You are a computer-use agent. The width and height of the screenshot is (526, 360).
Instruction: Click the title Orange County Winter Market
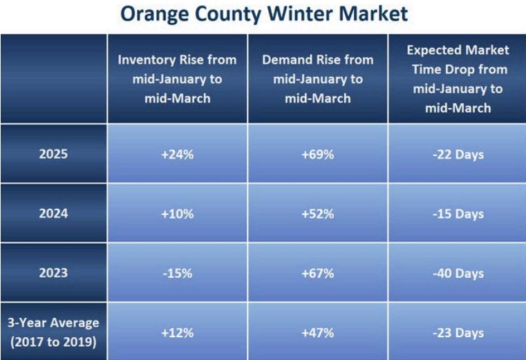tap(263, 13)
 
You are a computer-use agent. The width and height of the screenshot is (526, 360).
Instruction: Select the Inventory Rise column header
tap(178, 79)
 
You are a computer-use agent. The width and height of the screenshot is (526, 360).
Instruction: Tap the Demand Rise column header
tap(317, 79)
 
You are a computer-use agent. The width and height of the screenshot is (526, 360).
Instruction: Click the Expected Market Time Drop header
tap(457, 79)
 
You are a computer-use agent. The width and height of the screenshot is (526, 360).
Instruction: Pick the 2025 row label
tap(53, 154)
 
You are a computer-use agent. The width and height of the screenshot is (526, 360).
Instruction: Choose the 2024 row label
tap(53, 214)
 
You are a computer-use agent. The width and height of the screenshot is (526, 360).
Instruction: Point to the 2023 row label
tap(53, 273)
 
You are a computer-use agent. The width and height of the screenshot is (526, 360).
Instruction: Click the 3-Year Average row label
tap(53, 331)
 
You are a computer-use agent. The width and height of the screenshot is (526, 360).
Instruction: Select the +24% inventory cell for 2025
tap(178, 154)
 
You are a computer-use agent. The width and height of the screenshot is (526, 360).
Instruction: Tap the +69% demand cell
tap(317, 154)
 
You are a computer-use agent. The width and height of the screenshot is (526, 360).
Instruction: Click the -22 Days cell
tap(457, 154)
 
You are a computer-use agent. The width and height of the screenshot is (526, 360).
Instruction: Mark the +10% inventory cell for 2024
tap(178, 214)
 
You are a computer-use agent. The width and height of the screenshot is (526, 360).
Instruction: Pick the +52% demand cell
tap(317, 214)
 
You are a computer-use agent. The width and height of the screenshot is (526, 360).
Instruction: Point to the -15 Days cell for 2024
tap(457, 214)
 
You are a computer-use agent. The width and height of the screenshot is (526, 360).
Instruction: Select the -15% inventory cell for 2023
tap(178, 273)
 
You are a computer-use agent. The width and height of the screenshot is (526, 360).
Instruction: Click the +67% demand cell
tap(317, 273)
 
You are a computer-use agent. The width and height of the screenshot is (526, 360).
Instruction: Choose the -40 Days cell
tap(457, 273)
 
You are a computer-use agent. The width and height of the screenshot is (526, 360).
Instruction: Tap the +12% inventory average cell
tap(178, 332)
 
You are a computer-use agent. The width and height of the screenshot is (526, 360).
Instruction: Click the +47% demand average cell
tap(317, 332)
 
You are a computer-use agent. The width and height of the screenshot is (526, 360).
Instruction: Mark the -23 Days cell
tap(457, 332)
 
